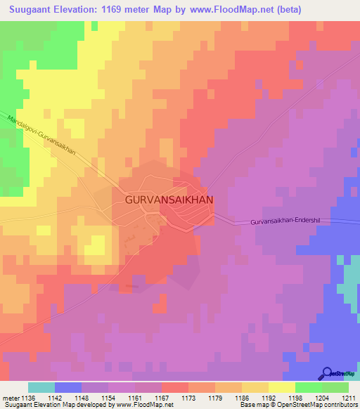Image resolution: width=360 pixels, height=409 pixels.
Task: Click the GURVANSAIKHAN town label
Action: click(x=169, y=200)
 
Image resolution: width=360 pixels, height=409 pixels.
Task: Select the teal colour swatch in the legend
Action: click(x=41, y=387)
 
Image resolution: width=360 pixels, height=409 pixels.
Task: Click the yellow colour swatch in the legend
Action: click(x=281, y=387)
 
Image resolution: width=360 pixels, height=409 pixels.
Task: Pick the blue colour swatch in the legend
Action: click(x=67, y=387)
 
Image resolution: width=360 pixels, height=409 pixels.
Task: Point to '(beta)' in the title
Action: click(x=289, y=10)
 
